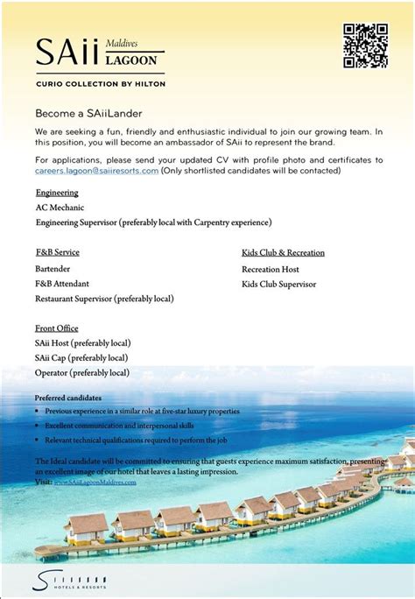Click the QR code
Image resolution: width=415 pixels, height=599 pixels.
coord(365,46)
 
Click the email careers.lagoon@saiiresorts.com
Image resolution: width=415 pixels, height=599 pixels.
coord(97,171)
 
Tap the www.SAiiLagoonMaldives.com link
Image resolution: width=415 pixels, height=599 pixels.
coord(95,483)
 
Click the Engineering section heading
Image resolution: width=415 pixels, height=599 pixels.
coord(57,193)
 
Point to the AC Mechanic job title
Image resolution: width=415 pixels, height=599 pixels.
coord(60,208)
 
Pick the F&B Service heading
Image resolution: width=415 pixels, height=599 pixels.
coord(58,253)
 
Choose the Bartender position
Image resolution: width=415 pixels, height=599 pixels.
coord(53,269)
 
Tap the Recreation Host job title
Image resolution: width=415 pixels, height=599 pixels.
coord(271,269)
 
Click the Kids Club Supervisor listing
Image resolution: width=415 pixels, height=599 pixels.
coord(278,284)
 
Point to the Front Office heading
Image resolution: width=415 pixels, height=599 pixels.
coord(57,328)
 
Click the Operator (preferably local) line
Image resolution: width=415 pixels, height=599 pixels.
coord(82,372)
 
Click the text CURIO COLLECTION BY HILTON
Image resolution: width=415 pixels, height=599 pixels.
coord(100,83)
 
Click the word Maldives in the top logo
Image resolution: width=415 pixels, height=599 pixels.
coord(122,43)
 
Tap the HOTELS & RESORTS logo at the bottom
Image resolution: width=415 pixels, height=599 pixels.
coord(70,579)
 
